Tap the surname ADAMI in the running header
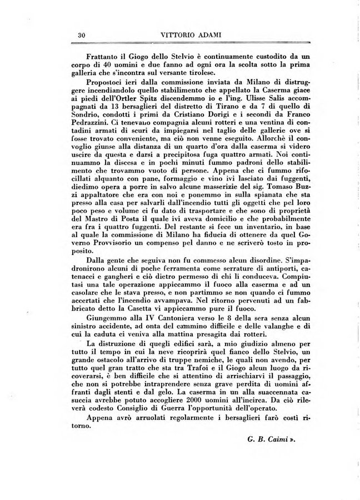tap(206, 35)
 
